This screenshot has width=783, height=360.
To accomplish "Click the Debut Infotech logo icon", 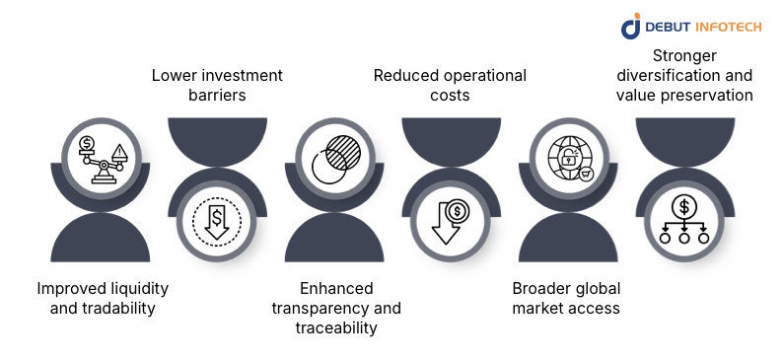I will point(631,27).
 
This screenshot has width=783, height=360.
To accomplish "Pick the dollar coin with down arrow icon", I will point(449,219).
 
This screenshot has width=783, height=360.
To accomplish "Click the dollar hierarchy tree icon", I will point(683,218).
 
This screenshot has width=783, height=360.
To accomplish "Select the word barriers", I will point(216,96).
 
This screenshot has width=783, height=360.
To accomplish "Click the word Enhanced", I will point(312,288).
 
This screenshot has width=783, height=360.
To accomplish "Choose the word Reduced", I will point(403,76).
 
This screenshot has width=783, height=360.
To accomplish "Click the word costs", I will point(450,96).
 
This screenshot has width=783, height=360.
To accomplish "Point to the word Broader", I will point(540,288).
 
